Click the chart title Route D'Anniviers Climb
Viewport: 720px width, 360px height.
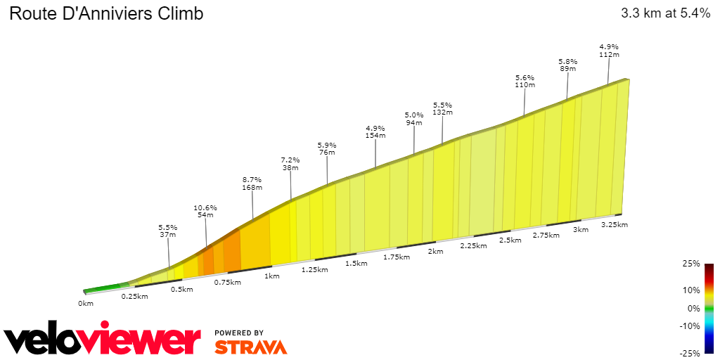point(105,13)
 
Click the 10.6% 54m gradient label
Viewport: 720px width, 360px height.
point(205,212)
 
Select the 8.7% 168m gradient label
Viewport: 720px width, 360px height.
point(252,184)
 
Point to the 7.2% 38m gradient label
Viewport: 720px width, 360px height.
point(290,164)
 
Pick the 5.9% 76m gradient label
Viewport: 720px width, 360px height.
point(327,148)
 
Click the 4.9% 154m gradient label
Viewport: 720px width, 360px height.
point(375,132)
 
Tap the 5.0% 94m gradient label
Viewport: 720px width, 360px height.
point(414,119)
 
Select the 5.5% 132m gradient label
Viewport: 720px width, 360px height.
point(442,108)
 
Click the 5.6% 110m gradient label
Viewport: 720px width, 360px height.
point(525,81)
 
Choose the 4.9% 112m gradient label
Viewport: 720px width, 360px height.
point(608,51)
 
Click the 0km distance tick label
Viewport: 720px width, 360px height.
point(86,304)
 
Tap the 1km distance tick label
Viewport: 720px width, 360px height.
point(272,276)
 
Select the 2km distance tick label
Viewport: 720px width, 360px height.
point(436,252)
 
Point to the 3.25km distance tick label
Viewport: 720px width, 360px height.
point(614,225)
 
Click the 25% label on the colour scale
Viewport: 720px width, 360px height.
point(691,264)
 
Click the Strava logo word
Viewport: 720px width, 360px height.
point(250,347)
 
